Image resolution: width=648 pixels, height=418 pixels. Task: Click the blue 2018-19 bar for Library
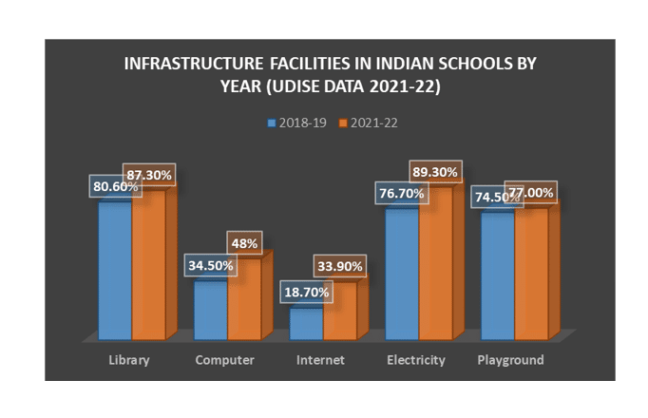[115, 271]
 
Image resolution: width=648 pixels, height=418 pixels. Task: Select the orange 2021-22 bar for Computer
[243, 296]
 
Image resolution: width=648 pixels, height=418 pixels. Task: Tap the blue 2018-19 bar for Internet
[306, 323]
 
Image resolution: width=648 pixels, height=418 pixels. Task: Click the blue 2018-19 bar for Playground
[497, 275]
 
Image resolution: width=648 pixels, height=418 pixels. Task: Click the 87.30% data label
[153, 176]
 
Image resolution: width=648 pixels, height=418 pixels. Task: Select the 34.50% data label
[210, 265]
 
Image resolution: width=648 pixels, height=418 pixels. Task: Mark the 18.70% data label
[305, 292]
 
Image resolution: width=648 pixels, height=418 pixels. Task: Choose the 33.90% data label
[338, 267]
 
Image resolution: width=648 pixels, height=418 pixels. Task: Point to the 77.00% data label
[530, 191]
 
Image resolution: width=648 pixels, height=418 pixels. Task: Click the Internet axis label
[320, 360]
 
